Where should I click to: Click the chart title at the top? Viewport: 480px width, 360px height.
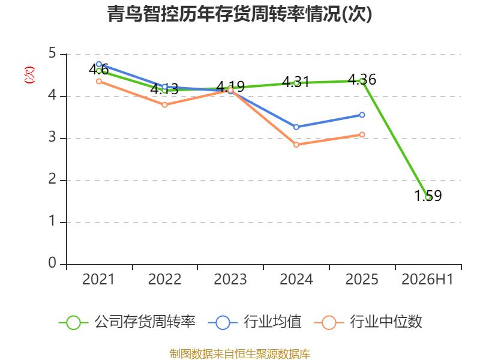pos(239,14)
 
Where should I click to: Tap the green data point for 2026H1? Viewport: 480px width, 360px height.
pos(428,197)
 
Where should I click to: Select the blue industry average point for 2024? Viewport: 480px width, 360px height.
pos(296,127)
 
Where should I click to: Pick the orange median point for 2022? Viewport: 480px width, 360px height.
pos(164,104)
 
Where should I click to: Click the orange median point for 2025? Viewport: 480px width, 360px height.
pos(362,134)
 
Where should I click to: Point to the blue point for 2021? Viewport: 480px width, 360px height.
pos(99,64)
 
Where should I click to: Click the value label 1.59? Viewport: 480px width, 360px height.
pos(428,196)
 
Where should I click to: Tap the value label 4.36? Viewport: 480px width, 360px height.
pos(362,80)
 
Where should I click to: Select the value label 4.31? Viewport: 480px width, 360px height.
pos(296,82)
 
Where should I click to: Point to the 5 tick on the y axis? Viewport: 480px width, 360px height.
pos(52,53)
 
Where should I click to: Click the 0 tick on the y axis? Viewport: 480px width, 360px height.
pos(52,263)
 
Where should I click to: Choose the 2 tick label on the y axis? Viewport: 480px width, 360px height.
pos(52,179)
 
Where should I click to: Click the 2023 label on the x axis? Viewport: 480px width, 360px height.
pos(230,279)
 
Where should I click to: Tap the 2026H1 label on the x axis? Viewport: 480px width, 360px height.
pos(427,279)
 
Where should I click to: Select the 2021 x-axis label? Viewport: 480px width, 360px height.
pos(98,279)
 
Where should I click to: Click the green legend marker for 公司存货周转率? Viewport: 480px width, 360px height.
pos(73,323)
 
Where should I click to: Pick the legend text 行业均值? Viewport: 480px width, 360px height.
pos(272,322)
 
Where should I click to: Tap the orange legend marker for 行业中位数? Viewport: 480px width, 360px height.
pos(329,323)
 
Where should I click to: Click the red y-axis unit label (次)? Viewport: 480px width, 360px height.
pos(29,75)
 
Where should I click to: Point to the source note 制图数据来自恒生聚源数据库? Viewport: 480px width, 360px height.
pos(240,353)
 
